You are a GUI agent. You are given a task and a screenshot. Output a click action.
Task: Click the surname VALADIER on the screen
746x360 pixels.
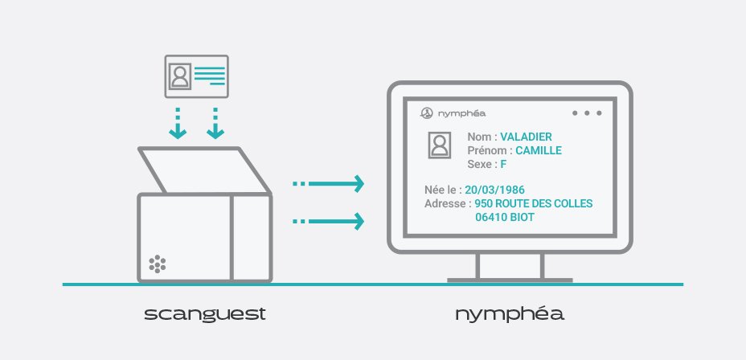point(526,137)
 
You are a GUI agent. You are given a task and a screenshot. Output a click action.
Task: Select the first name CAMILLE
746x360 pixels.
point(538,150)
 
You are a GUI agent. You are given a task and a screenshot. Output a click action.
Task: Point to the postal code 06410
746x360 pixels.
point(490,217)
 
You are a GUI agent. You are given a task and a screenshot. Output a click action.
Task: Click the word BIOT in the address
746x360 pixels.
point(521,217)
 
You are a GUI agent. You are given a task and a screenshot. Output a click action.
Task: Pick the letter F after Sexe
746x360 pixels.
point(503,164)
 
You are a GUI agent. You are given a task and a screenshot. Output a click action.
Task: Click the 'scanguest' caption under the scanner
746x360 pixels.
point(205,314)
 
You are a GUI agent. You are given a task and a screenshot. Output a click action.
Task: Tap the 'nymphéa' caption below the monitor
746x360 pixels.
point(510,314)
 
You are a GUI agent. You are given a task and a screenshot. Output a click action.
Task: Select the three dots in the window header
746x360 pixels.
point(587,113)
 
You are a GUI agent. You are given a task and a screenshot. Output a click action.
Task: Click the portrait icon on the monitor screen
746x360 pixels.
point(439,145)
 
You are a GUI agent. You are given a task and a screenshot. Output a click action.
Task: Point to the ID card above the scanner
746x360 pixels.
point(196,76)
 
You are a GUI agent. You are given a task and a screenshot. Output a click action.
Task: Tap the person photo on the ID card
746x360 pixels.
point(179,76)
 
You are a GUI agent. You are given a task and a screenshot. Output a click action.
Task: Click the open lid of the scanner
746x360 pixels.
point(203,171)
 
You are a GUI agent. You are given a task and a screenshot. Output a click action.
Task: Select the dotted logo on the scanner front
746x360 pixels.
point(158,264)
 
